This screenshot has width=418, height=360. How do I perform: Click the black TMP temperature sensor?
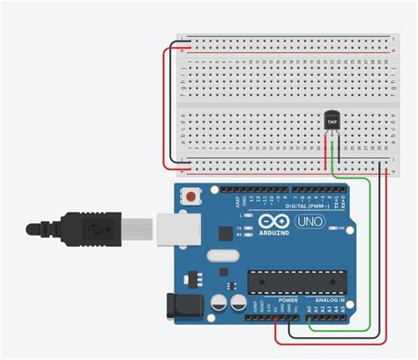(332, 121)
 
